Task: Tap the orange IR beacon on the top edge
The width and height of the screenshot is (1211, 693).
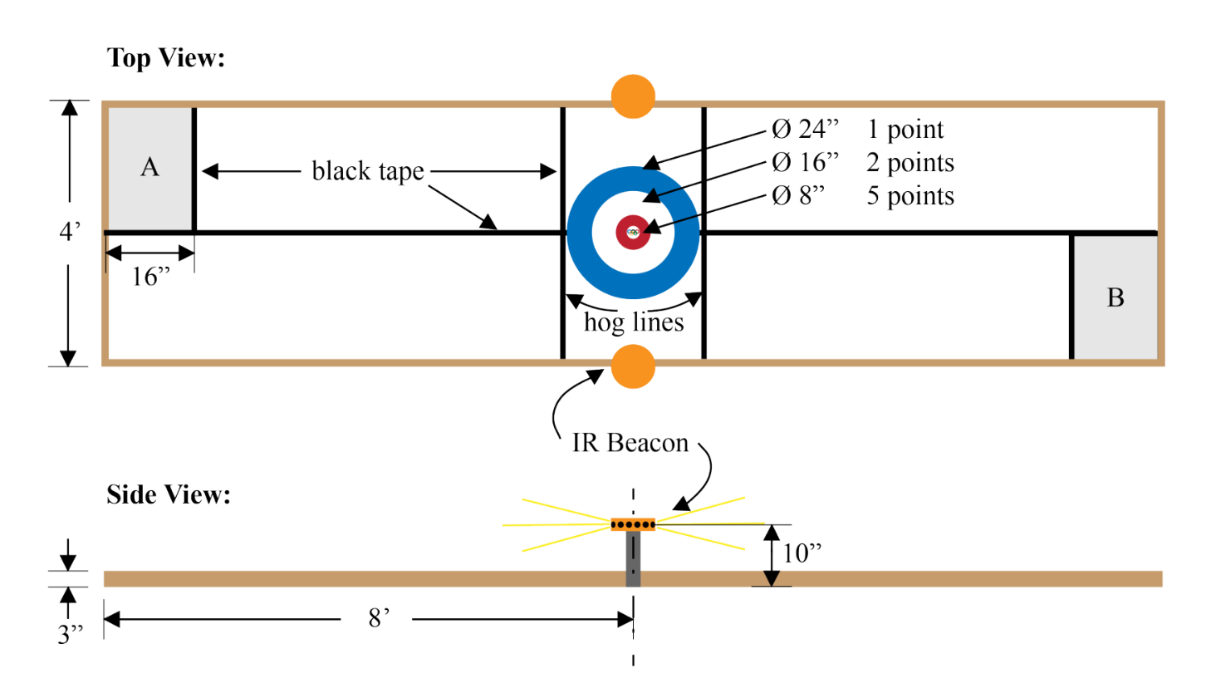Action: tap(633, 96)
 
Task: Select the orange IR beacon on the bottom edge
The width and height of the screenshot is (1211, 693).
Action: tap(633, 366)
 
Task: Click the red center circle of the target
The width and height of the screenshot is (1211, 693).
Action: tap(633, 233)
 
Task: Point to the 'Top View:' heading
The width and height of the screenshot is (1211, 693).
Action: tap(166, 58)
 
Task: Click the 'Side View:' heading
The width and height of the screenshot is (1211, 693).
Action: tap(169, 495)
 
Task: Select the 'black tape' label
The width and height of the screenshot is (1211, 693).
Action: tap(368, 171)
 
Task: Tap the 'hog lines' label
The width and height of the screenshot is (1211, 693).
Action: tap(634, 322)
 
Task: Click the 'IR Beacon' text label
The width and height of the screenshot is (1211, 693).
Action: tap(630, 443)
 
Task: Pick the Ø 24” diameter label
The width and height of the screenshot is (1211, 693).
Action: tap(805, 130)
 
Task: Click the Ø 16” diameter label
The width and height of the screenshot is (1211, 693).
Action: tap(805, 163)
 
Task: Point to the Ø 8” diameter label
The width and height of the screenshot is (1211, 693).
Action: tap(798, 196)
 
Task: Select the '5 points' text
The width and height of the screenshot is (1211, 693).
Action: tap(910, 196)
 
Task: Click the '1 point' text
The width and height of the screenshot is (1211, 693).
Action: tap(905, 130)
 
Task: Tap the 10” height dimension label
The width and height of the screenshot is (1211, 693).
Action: tap(802, 553)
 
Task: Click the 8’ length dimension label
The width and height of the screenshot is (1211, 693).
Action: tap(378, 618)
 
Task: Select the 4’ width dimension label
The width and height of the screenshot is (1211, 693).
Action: tap(70, 231)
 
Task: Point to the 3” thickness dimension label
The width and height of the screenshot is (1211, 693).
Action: tap(71, 635)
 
